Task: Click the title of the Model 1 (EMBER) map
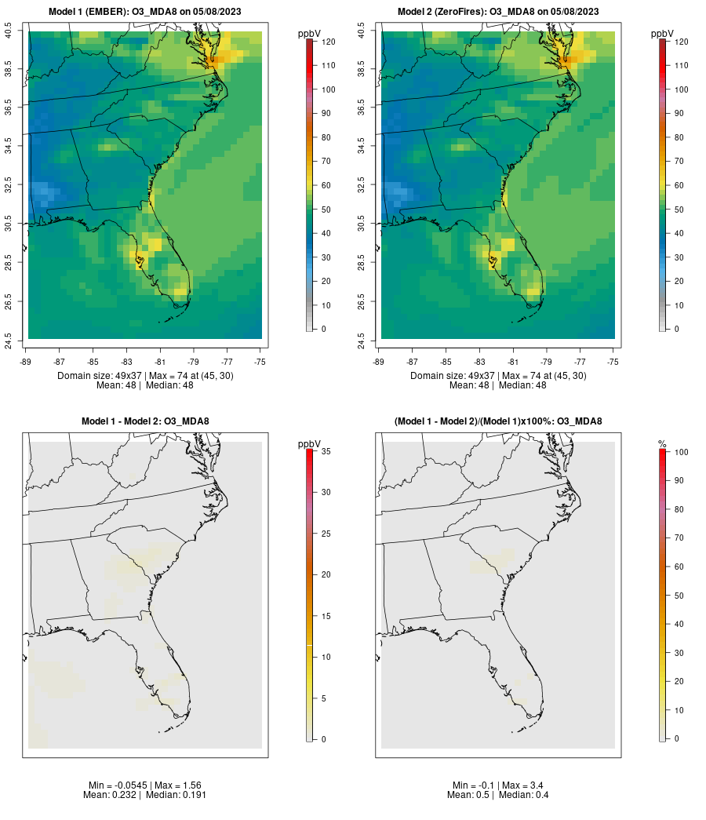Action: click(x=145, y=12)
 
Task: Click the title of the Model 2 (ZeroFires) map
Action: click(x=498, y=12)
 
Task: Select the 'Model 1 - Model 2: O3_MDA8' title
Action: click(x=145, y=421)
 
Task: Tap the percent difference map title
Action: click(x=498, y=421)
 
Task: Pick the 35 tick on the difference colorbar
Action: click(x=326, y=451)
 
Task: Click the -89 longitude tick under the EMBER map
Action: click(x=27, y=363)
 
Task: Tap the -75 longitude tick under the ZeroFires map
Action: click(x=613, y=363)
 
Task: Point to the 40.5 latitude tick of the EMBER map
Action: click(x=9, y=32)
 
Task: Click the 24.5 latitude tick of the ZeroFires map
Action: click(x=362, y=341)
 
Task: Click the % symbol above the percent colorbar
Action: click(x=662, y=444)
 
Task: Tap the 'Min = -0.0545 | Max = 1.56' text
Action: click(x=145, y=785)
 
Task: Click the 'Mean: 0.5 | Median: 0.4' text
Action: click(x=498, y=795)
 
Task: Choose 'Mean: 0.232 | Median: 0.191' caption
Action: click(x=145, y=795)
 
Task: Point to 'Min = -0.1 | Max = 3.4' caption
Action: click(x=498, y=785)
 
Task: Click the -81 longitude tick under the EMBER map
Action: click(x=161, y=363)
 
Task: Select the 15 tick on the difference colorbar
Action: click(x=326, y=616)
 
